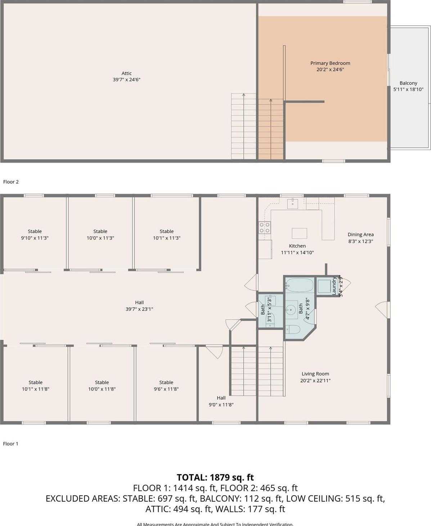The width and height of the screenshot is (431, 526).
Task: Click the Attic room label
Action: click(126, 73)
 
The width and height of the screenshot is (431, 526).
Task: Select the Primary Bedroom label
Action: click(330, 63)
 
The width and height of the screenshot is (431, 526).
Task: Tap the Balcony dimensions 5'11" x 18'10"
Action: click(408, 90)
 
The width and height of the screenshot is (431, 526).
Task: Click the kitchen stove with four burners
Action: click(265, 227)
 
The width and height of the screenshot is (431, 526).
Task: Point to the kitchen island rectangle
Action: click(299, 233)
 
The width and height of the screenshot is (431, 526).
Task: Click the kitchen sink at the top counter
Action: click(292, 204)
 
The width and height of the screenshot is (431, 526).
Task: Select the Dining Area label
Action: click(360, 235)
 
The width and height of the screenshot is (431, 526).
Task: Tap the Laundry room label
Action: click(334, 286)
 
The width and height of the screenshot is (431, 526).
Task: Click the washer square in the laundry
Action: click(324, 286)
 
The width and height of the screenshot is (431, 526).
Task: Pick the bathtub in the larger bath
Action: click(300, 286)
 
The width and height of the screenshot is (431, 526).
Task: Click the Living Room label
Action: click(315, 374)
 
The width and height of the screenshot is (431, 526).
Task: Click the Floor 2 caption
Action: click(11, 182)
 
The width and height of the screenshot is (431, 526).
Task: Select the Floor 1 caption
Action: click(10, 444)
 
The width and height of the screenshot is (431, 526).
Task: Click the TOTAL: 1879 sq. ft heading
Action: click(215, 477)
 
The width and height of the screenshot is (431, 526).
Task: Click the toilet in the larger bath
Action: click(293, 329)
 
